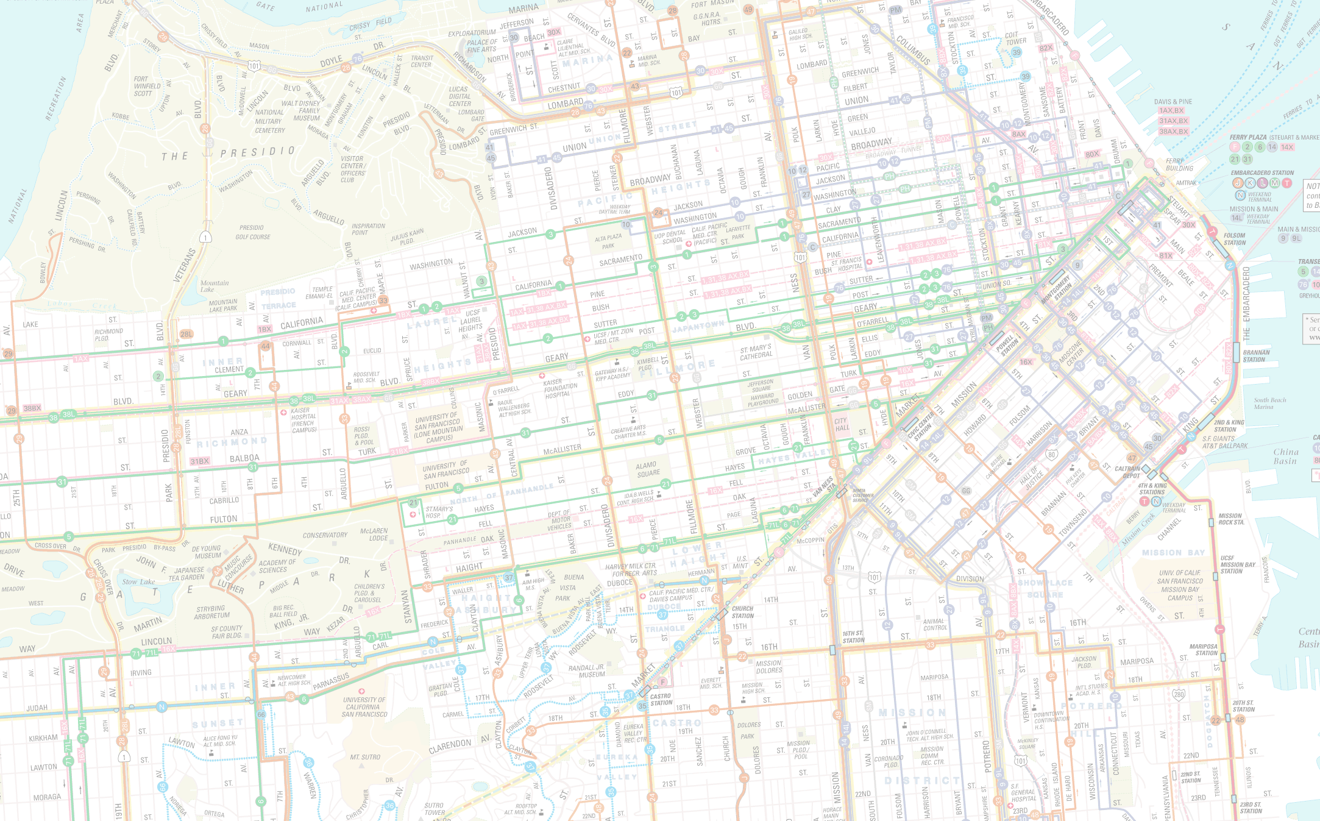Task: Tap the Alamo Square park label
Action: coord(647,469)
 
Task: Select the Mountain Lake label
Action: coord(215,286)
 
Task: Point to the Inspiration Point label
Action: coord(368,229)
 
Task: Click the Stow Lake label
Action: coord(138,581)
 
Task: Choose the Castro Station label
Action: coord(661,699)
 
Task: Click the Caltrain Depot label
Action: coord(1127,472)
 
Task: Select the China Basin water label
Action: coord(1285,457)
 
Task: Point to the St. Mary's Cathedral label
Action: coord(756,352)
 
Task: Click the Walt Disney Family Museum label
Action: coord(300,111)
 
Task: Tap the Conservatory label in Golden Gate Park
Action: coord(325,535)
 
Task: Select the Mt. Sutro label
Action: coord(365,757)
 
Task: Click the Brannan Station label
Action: coord(1256,356)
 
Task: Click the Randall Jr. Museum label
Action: coord(586,671)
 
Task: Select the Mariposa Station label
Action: coord(1203,650)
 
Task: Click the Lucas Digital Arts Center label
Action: coord(460,96)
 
